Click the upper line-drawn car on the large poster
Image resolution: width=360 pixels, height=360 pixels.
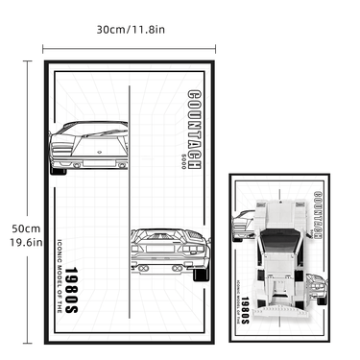click(89, 146)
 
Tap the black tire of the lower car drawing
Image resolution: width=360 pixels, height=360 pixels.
click(201, 275)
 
